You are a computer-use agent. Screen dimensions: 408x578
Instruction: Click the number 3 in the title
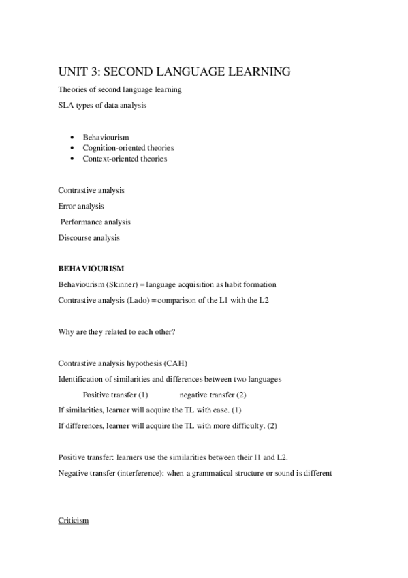[96, 71]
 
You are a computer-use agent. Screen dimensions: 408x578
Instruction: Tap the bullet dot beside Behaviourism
[73, 138]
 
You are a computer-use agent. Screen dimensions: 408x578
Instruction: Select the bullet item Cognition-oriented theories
[128, 148]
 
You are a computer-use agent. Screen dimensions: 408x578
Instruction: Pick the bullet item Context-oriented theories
[125, 159]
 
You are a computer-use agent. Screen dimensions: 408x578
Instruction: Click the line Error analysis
[81, 206]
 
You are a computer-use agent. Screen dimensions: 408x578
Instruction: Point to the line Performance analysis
[95, 222]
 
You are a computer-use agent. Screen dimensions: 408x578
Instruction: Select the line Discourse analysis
[89, 238]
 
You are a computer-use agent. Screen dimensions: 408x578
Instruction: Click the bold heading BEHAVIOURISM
[91, 269]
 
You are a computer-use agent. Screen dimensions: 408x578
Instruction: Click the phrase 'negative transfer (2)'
[213, 395]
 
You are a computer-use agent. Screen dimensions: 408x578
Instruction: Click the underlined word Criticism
[74, 521]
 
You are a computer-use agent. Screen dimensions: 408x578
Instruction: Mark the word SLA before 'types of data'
[67, 106]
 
